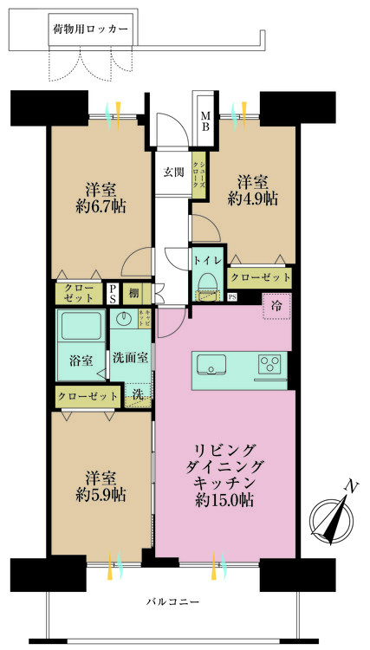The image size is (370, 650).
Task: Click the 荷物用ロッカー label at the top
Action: [90, 29]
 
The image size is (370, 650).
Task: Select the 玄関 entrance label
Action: [173, 172]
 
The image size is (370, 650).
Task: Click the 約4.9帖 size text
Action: [252, 198]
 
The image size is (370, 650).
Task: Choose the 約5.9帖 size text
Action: [96, 494]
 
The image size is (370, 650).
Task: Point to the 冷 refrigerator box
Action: [276, 306]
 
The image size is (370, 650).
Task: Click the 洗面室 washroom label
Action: [130, 356]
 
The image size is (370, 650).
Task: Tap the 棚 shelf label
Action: [134, 294]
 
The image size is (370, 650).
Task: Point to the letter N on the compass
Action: [349, 488]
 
